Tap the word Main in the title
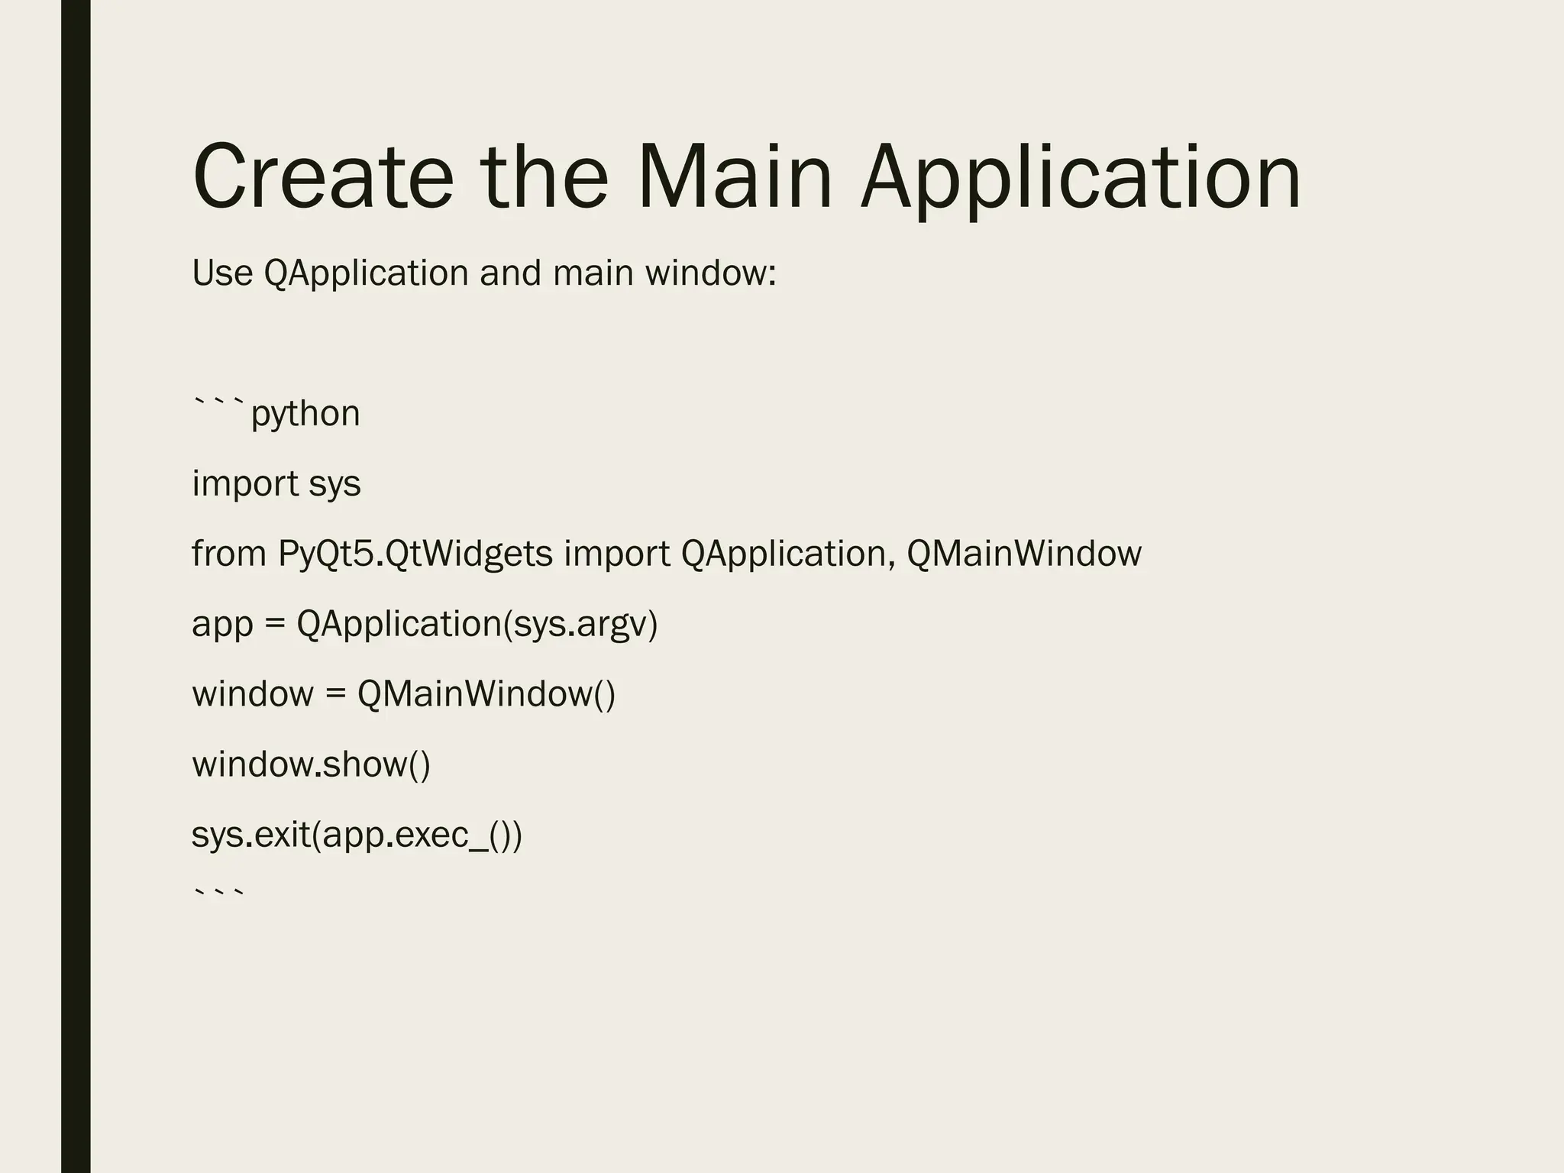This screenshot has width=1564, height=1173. tap(733, 177)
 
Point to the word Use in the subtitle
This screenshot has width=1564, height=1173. tap(222, 273)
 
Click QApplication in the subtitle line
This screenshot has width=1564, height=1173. tap(366, 274)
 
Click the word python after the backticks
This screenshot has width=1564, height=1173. tap(305, 415)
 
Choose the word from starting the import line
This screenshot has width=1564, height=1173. tap(228, 554)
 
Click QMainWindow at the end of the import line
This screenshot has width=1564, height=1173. tap(1023, 554)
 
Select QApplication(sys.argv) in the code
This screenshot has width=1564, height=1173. tap(477, 625)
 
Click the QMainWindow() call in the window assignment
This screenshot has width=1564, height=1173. tap(486, 694)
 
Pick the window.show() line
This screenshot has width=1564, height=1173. tap(311, 764)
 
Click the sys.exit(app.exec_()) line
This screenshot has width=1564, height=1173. tap(357, 835)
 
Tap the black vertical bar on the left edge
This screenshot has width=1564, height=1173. tap(76, 586)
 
